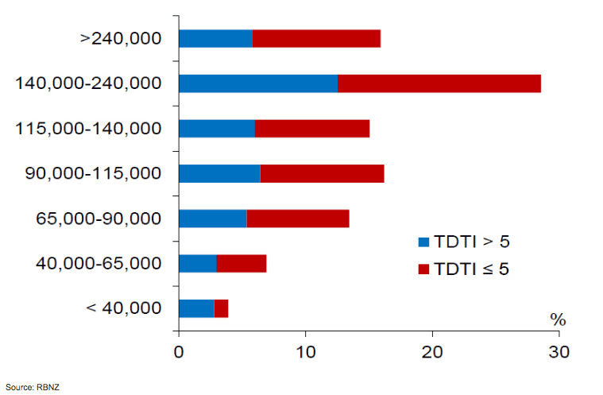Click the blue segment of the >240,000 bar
pos(215,38)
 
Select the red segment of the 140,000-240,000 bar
pos(439,83)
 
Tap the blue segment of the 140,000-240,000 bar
pos(258,83)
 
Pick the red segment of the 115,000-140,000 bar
pos(312,128)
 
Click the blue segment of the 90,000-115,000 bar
pos(219,173)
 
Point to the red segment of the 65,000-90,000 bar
pos(298,219)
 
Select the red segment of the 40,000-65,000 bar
pos(242,263)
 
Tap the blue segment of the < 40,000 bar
pos(196,308)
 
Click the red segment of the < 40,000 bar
pos(222,308)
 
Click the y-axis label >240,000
pos(121,38)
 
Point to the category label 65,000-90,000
pos(99,219)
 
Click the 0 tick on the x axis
pos(179,350)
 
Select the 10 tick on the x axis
pos(305,350)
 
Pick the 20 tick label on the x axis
pos(431,350)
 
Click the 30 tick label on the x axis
pos(559,350)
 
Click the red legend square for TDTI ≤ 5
pos(423,269)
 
